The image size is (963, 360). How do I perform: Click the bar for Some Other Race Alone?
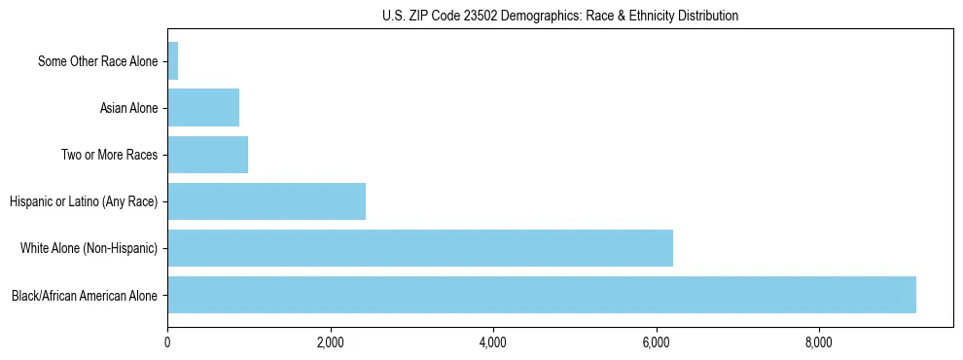click(173, 61)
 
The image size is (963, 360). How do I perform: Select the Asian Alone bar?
click(203, 108)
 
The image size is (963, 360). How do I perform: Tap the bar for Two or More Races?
click(208, 155)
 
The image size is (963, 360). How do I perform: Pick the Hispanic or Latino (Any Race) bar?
click(267, 201)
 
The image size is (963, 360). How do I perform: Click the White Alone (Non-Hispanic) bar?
click(420, 248)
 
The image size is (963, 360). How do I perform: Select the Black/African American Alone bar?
click(542, 295)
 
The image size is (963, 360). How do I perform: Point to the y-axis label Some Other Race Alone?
click(97, 61)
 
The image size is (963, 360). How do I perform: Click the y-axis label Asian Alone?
click(128, 108)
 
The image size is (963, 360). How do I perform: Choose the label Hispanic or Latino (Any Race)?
click(84, 201)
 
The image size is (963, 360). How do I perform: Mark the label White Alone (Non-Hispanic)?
click(89, 248)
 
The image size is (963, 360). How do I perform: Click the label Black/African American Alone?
click(85, 295)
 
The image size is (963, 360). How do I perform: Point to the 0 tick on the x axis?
click(167, 342)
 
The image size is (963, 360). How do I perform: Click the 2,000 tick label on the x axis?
click(331, 342)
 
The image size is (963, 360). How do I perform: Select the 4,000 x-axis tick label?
click(493, 342)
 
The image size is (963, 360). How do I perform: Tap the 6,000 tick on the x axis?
click(657, 342)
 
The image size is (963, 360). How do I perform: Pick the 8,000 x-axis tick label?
click(819, 342)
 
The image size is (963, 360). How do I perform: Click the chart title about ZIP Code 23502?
click(560, 16)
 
